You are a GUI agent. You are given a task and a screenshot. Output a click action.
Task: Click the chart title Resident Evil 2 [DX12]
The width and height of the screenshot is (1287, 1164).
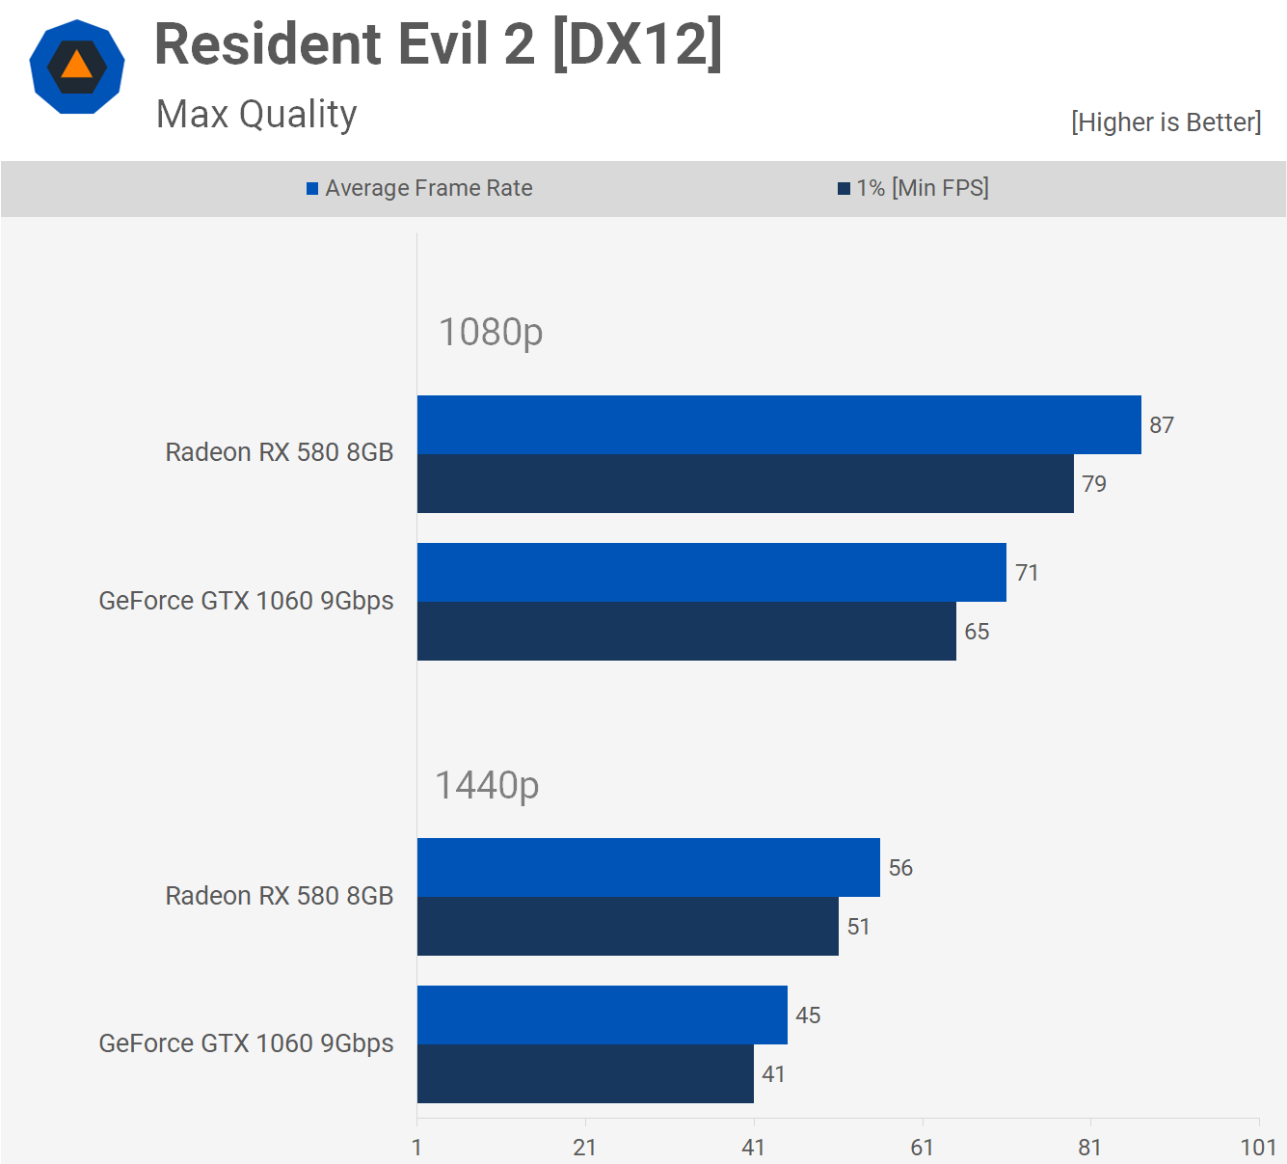tap(439, 44)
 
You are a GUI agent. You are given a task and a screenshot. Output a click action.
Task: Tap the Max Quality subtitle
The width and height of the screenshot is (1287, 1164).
tap(256, 114)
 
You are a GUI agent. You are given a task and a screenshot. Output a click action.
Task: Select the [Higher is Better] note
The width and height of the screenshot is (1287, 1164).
tap(1166, 122)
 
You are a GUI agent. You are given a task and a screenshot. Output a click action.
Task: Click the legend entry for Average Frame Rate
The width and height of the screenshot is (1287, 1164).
tap(419, 188)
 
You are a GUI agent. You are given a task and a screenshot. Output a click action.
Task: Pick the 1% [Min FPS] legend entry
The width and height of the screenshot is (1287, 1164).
tap(913, 188)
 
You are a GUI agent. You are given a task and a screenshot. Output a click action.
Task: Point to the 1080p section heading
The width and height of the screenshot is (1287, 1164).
tap(491, 332)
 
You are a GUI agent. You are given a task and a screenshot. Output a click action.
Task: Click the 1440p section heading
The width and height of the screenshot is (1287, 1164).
tap(487, 785)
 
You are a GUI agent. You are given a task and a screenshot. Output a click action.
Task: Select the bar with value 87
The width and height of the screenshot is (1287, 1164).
tap(779, 424)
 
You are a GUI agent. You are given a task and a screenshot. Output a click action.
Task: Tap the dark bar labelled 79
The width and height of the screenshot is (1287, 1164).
tap(745, 483)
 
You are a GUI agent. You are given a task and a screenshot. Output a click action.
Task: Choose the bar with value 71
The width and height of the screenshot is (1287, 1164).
tap(711, 572)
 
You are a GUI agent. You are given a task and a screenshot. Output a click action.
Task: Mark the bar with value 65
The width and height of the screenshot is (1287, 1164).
tap(686, 631)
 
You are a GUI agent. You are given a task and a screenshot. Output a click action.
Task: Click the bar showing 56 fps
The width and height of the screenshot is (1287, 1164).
tap(649, 867)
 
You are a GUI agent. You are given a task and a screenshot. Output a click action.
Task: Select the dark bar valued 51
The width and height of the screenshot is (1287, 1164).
tap(628, 926)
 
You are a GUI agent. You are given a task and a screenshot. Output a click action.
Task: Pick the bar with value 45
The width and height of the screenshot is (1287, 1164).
tap(603, 1015)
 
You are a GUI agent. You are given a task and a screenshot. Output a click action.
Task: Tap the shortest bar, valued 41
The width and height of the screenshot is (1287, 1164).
tap(585, 1073)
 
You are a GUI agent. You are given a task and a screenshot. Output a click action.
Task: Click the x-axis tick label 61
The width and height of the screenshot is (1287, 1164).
tap(922, 1147)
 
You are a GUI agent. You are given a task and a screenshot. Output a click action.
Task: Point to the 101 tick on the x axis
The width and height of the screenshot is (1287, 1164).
tap(1258, 1147)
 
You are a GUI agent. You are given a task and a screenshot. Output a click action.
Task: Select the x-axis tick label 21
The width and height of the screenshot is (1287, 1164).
tap(585, 1147)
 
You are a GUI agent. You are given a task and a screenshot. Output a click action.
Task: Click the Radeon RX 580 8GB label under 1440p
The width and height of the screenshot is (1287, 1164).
tap(280, 896)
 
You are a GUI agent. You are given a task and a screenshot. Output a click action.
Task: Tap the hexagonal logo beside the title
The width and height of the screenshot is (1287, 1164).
tap(77, 67)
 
